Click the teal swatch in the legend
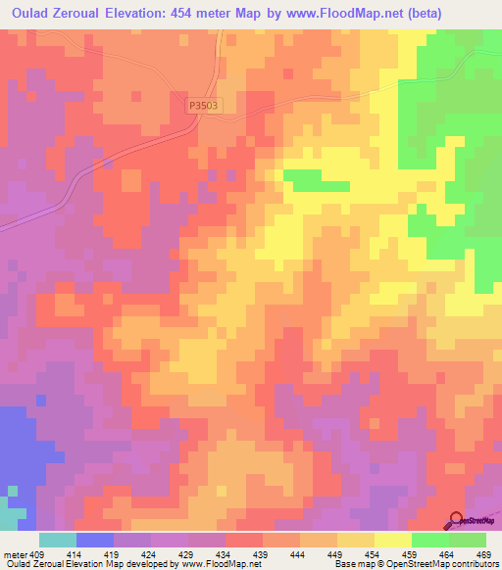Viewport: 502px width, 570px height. (x=58, y=539)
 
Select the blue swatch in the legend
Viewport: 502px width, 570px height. (x=95, y=539)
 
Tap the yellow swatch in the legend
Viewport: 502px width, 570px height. (x=393, y=539)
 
